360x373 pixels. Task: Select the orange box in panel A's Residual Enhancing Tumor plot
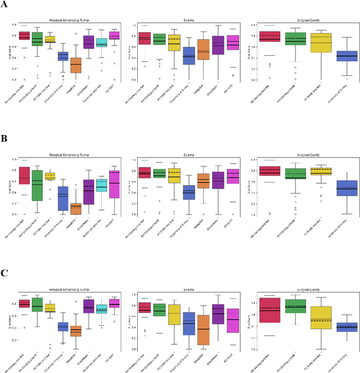[x=75, y=65]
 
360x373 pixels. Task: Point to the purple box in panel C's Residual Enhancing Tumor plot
[x=88, y=306]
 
